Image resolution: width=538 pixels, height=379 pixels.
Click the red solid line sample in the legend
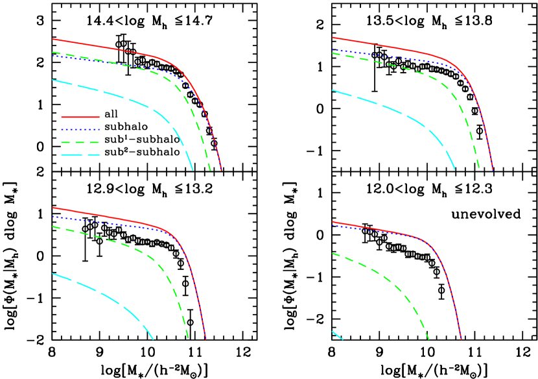pos(80,117)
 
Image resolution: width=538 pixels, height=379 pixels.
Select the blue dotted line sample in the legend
pos(80,130)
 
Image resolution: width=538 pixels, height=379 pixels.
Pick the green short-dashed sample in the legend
pos(79,142)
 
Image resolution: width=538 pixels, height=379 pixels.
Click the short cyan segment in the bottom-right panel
pos(337,335)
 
